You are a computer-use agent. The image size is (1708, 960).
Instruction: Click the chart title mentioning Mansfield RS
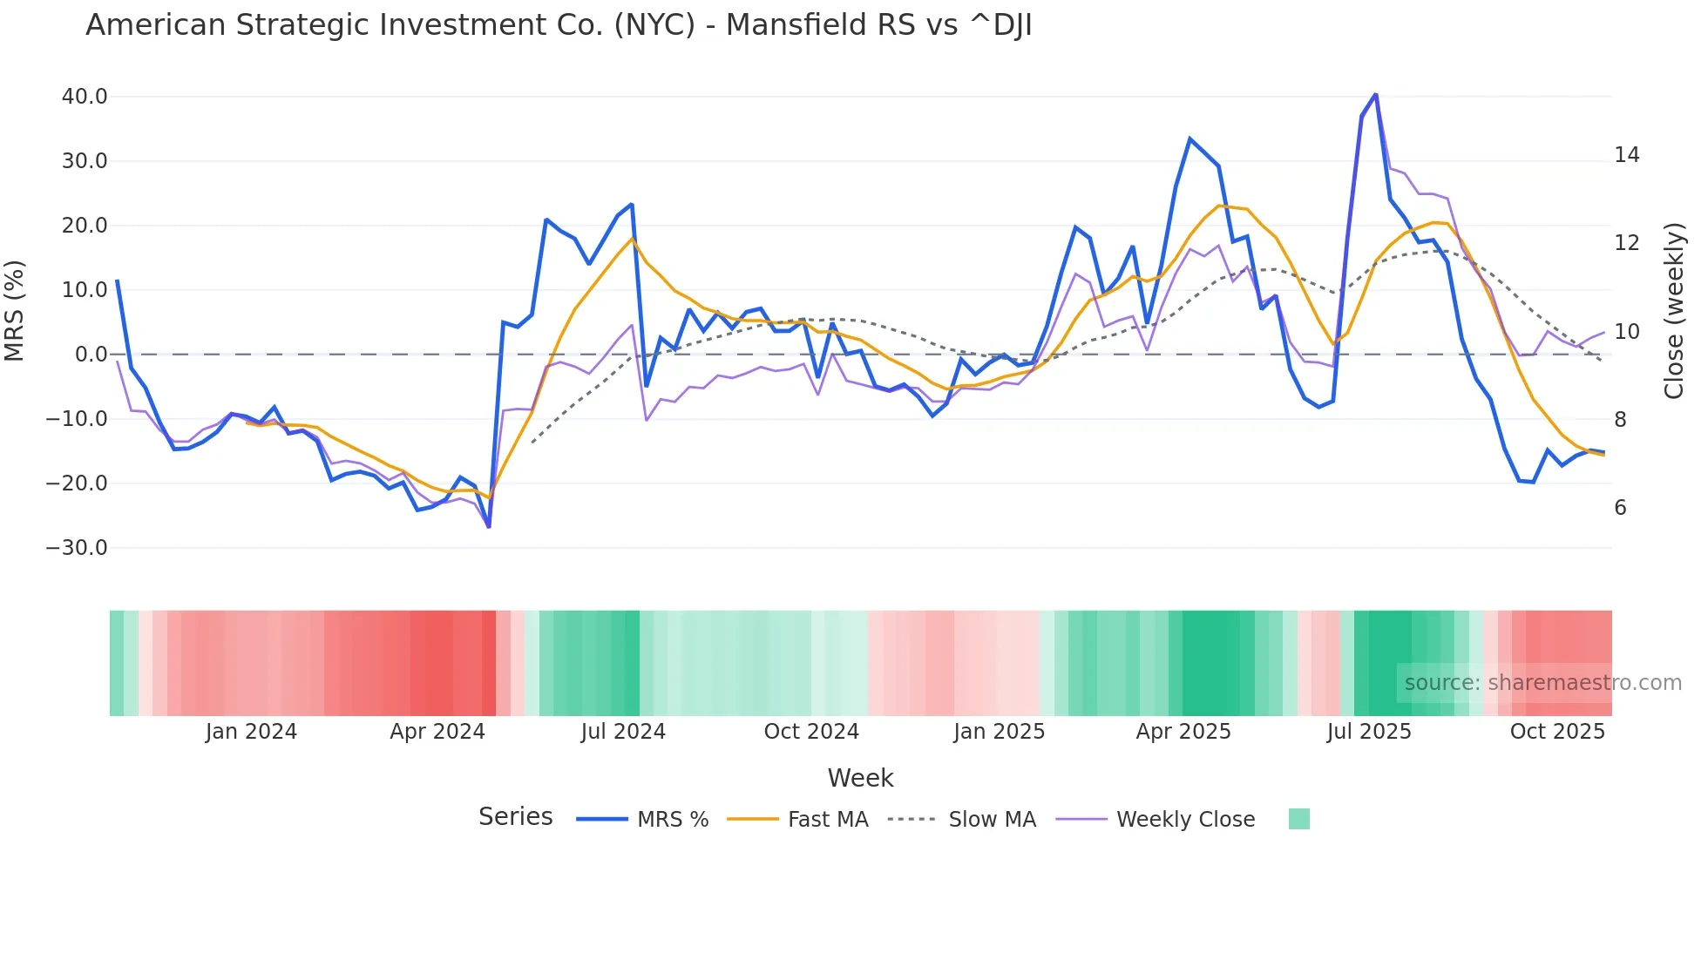point(559,25)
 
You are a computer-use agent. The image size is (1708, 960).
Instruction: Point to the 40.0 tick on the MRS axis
point(85,97)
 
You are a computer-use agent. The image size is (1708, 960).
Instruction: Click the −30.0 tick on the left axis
point(77,548)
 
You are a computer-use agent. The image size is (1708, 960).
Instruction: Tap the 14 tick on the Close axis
point(1626,155)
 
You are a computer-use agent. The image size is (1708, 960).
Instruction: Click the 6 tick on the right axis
point(1620,508)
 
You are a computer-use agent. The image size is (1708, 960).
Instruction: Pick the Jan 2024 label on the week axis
point(251,732)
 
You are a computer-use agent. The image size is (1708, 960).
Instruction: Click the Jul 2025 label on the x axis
point(1369,732)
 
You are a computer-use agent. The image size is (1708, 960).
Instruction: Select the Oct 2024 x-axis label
point(811,732)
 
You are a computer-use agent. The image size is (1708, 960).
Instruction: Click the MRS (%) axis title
point(15,311)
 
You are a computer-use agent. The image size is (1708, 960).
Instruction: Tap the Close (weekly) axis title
point(1673,311)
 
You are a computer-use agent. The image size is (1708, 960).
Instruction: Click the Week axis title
point(860,778)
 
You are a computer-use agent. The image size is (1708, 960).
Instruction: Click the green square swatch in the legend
point(1298,819)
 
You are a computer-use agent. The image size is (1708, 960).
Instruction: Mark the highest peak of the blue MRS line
point(1375,94)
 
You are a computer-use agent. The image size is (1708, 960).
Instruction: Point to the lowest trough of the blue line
point(489,526)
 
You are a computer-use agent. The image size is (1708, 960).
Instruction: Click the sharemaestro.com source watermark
point(1542,683)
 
